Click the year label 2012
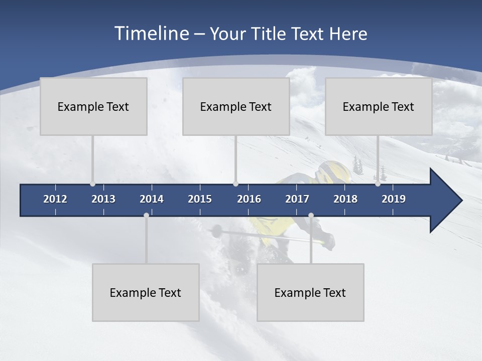[55, 199]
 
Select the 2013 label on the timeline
[103, 199]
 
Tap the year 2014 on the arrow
[152, 199]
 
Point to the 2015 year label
[200, 199]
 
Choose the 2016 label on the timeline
[249, 199]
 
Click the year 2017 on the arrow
[297, 199]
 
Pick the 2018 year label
[345, 199]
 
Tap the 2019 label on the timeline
[394, 199]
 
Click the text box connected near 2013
[93, 106]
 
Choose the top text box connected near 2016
[236, 106]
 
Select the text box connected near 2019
[379, 106]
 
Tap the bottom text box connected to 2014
[146, 292]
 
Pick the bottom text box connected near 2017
[310, 292]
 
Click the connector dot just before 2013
[92, 184]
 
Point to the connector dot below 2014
[146, 215]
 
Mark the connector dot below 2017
[311, 215]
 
